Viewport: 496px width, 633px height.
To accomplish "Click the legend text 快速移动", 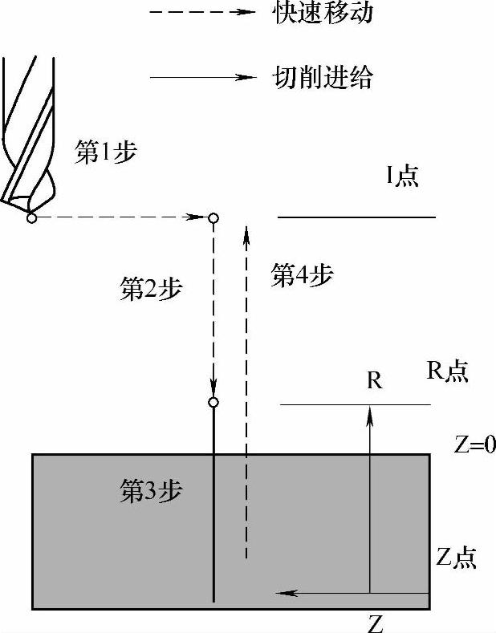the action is click(x=323, y=14).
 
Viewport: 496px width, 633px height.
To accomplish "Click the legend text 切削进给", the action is click(x=323, y=78).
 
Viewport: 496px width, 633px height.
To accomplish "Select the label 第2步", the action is click(x=151, y=290).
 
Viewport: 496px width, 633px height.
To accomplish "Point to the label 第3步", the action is click(x=151, y=491).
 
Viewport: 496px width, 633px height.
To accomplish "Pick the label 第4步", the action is click(x=302, y=275).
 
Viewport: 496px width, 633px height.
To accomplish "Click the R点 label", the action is click(x=447, y=371).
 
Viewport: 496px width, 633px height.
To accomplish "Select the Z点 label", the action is click(x=457, y=558).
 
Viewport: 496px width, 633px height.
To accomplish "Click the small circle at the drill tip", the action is click(x=31, y=217).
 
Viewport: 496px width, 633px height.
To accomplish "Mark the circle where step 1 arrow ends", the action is click(x=213, y=217).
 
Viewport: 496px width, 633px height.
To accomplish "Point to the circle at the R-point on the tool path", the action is click(x=213, y=402).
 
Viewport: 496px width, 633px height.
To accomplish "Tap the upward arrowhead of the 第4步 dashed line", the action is click(x=246, y=233).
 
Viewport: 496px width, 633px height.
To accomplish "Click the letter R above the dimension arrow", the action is click(x=374, y=381).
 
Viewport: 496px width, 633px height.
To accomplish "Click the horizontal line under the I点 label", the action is click(x=356, y=217).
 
